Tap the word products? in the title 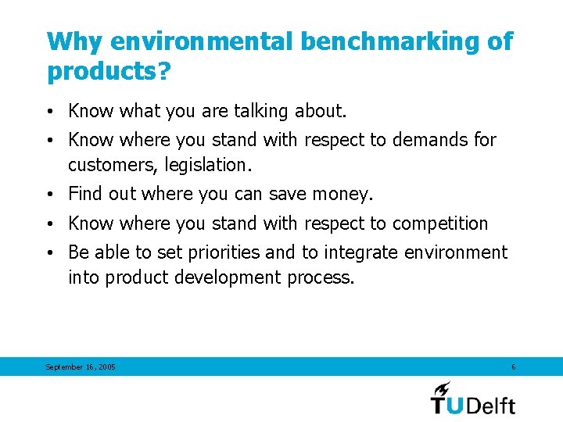tap(109, 71)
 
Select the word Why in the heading tap(75, 42)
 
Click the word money tap(342, 193)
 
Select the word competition tap(439, 224)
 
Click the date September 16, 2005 tap(81, 367)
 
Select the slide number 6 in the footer tap(513, 367)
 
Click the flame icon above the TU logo tap(443, 388)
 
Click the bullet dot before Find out tap(51, 194)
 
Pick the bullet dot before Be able tap(51, 253)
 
